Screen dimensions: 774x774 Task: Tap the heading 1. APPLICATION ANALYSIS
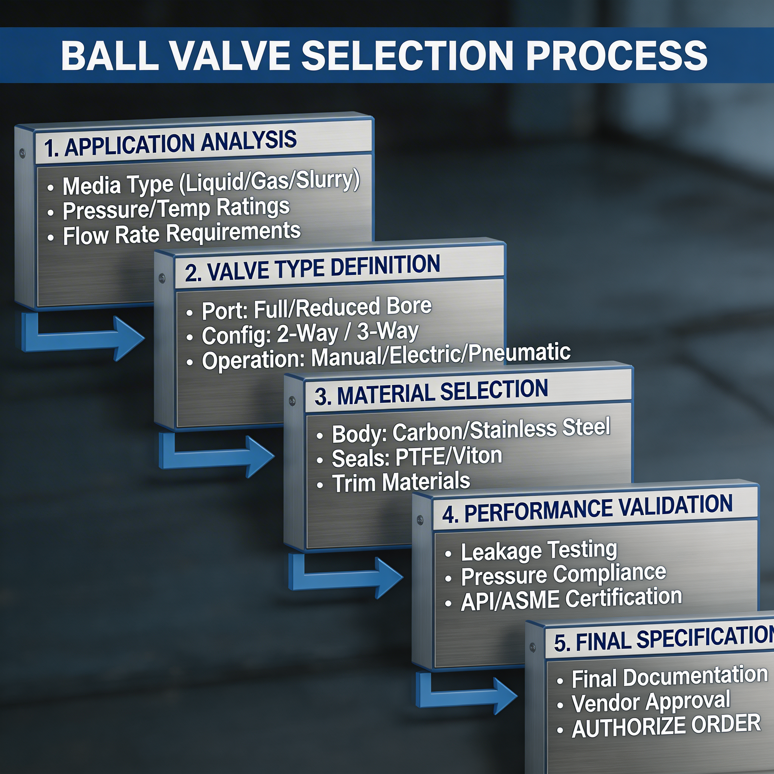click(x=170, y=143)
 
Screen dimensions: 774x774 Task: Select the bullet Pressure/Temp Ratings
click(x=176, y=209)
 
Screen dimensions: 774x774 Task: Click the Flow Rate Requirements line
click(x=181, y=234)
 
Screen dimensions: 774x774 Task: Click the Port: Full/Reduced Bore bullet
click(x=316, y=308)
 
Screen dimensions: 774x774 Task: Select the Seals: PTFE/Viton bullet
click(x=416, y=457)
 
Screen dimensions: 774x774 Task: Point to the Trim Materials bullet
click(x=401, y=482)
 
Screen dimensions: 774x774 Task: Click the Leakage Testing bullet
click(x=539, y=551)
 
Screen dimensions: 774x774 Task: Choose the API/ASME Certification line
click(x=571, y=599)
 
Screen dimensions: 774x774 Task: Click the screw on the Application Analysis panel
click(x=22, y=152)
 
